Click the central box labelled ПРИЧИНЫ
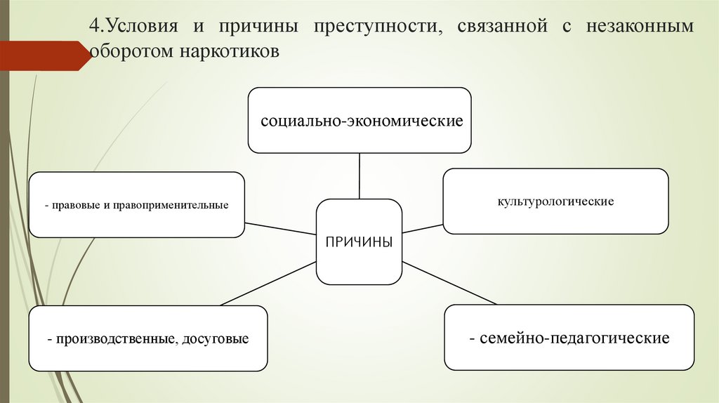359,242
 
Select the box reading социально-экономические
359,120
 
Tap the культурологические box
555,201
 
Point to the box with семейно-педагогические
569,338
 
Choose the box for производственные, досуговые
148,338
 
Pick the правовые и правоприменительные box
136,205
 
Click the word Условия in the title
140,27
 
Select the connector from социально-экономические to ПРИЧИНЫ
359,176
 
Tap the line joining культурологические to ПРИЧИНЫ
423,229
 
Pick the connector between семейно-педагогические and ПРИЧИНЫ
449,283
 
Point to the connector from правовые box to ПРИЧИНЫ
281,228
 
